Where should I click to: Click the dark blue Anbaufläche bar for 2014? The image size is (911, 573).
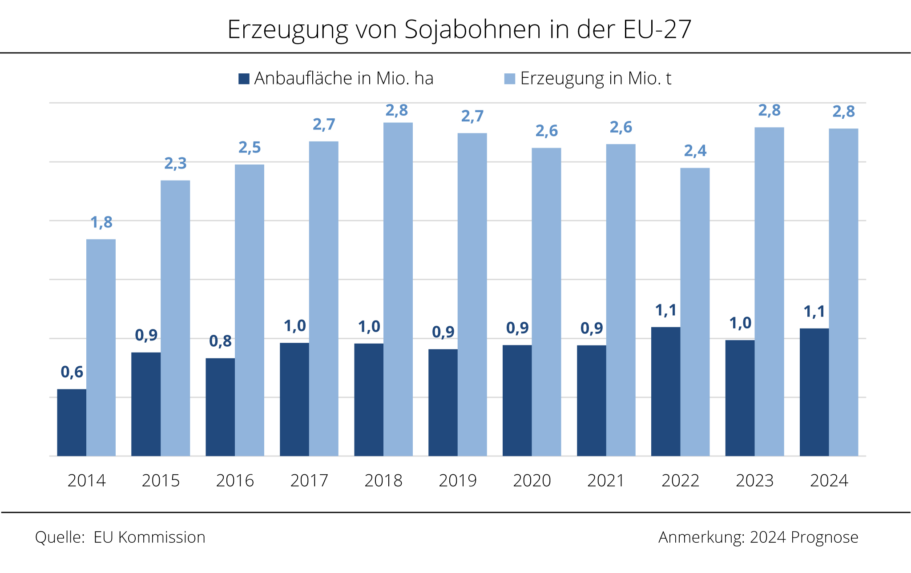pos(72,422)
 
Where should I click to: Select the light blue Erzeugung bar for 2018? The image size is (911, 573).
pos(398,289)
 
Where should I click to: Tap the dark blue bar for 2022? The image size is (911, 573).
pos(665,391)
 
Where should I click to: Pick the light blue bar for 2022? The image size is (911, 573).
pos(695,311)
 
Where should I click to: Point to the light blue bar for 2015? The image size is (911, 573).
pos(175,318)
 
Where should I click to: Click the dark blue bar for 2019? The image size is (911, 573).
pos(443,402)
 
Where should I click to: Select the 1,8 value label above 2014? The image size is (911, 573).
pos(101,222)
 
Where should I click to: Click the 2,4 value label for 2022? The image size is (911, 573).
pos(695,151)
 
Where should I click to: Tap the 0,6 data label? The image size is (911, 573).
pos(72,372)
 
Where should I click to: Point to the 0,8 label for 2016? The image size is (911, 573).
pos(221,341)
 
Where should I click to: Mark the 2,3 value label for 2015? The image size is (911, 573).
pos(176,164)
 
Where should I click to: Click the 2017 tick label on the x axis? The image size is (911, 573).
pos(309,481)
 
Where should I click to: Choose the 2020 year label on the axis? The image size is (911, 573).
pos(532,481)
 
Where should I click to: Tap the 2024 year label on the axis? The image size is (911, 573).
pos(829,481)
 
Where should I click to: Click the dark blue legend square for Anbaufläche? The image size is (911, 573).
pos(244,79)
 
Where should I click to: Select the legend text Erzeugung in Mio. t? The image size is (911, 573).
pos(596,78)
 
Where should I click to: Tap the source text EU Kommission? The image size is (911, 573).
pos(149,537)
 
